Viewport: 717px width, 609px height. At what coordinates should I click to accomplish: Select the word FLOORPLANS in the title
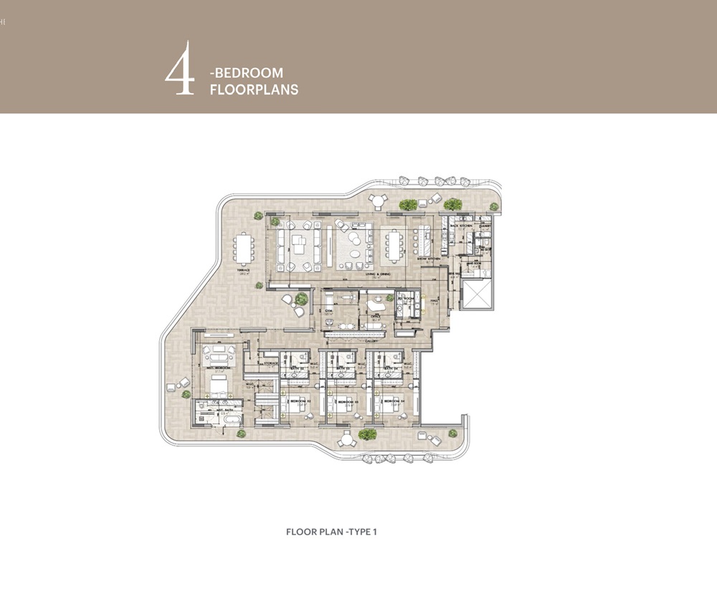tap(254, 90)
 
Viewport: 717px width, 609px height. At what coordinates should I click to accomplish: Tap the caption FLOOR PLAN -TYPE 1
tap(331, 532)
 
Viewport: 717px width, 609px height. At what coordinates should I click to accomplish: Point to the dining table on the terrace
tap(244, 249)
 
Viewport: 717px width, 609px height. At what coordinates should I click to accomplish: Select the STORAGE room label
tap(270, 363)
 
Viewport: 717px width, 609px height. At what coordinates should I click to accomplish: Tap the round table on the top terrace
tap(376, 200)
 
